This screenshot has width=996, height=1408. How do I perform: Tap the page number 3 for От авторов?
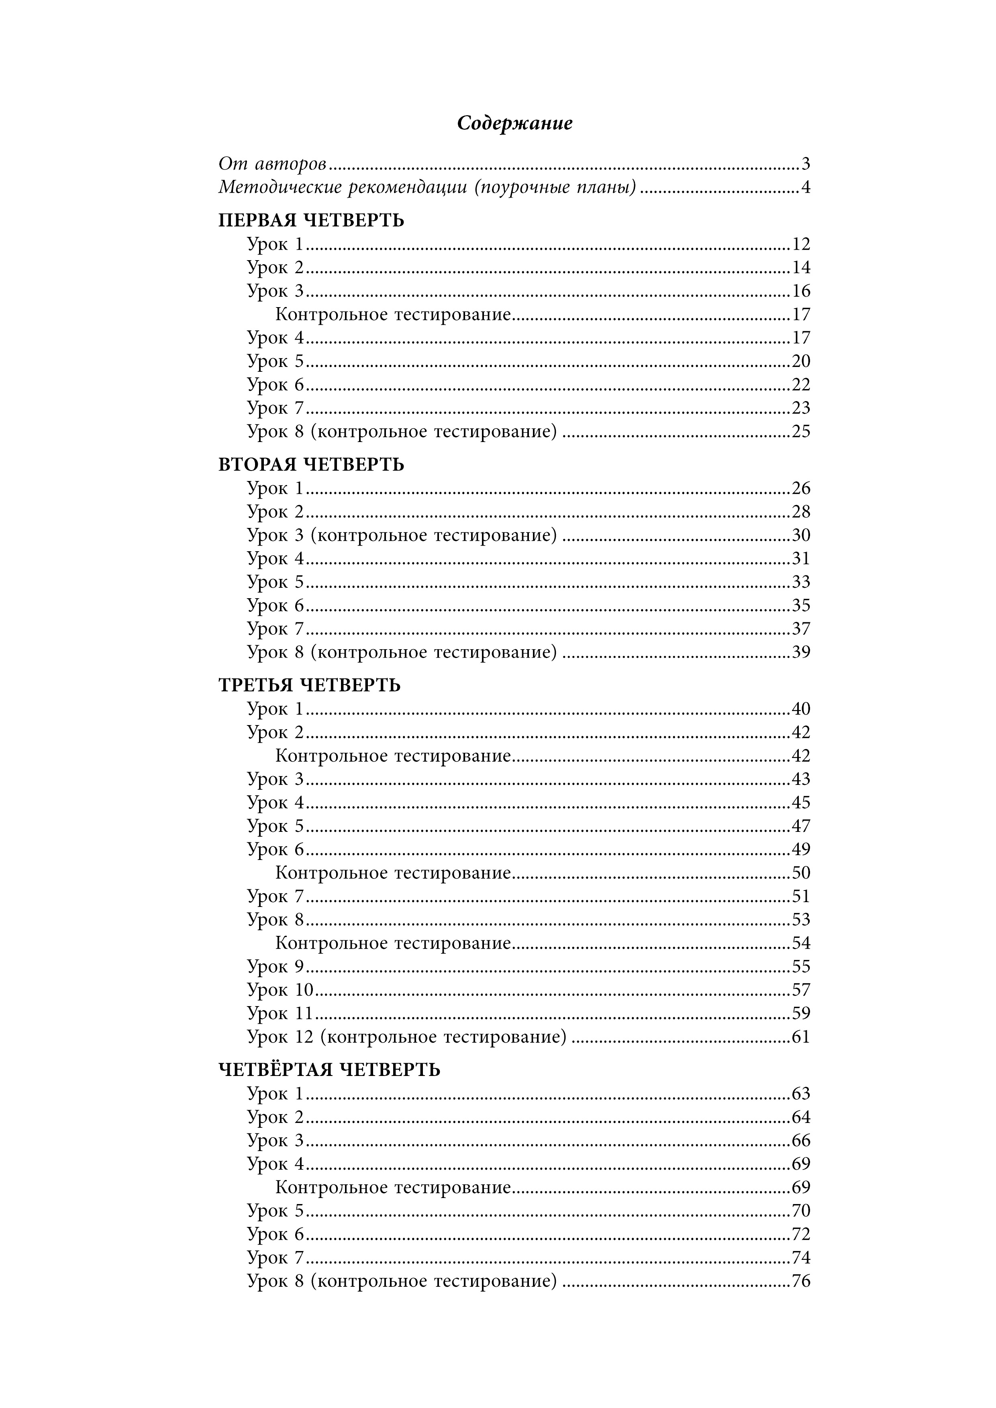tap(805, 164)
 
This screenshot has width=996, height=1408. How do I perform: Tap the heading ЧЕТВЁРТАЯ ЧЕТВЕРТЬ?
tap(329, 1070)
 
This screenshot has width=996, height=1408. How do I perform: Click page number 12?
tap(801, 244)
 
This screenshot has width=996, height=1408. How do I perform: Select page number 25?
tap(801, 432)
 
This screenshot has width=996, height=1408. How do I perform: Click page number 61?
tap(801, 1037)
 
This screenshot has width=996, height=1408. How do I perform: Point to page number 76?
tap(801, 1281)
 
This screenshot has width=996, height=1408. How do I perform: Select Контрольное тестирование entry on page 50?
tap(392, 873)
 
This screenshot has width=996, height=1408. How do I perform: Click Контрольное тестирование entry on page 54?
tap(392, 943)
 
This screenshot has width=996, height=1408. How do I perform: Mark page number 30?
tap(801, 535)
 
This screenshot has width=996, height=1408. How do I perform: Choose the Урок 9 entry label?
tap(276, 966)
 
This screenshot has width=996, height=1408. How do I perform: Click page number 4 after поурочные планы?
tap(805, 187)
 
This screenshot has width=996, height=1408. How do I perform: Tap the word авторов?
tap(290, 164)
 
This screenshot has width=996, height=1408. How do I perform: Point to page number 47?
tap(801, 826)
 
